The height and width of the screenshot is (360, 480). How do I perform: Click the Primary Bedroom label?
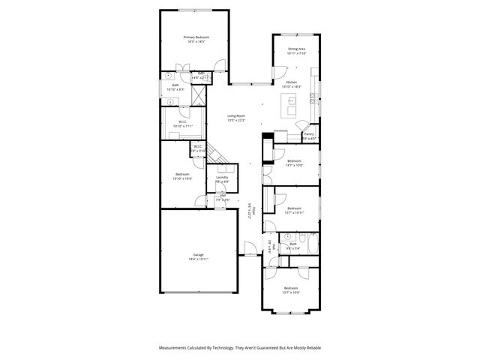click(x=196, y=37)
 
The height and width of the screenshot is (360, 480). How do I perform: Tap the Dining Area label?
click(x=297, y=49)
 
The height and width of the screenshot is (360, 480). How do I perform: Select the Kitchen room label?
click(x=292, y=82)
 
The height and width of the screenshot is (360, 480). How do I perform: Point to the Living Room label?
click(x=236, y=115)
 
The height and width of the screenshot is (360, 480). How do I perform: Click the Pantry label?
click(x=309, y=134)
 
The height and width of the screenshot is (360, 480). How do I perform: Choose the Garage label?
click(x=199, y=255)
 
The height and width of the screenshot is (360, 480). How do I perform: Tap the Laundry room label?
click(x=222, y=177)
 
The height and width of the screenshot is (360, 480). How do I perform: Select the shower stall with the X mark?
click(x=199, y=95)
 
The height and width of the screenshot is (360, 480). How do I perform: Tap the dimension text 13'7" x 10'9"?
click(x=291, y=292)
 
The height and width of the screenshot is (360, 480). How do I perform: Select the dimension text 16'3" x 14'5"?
click(x=196, y=41)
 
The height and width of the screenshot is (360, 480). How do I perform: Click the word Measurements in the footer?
click(x=174, y=348)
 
